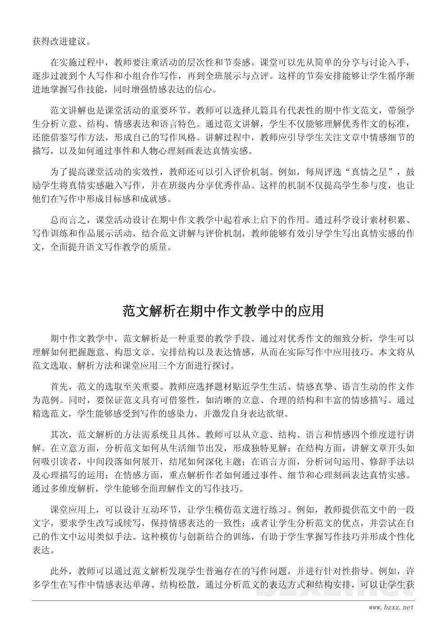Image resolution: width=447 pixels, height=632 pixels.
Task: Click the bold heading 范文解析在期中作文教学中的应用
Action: (x=223, y=311)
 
